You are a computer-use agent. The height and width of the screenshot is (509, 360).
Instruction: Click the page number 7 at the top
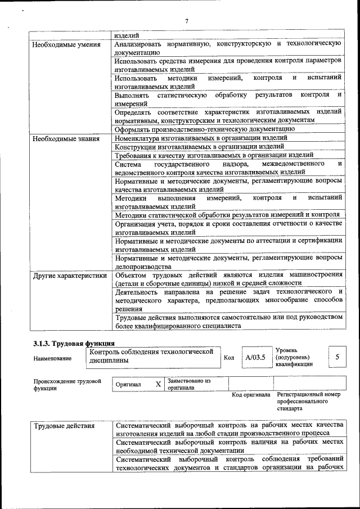point(186,21)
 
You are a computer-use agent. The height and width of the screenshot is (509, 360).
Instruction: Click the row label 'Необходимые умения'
point(66,44)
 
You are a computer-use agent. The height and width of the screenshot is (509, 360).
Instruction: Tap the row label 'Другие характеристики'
point(70,276)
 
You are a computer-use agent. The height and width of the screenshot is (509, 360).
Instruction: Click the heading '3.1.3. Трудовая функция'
point(74,343)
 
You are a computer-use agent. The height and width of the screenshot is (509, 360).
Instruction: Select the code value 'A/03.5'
point(255,357)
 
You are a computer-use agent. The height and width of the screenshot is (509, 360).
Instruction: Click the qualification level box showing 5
point(337,357)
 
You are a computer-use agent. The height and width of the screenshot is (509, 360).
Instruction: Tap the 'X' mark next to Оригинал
point(158,384)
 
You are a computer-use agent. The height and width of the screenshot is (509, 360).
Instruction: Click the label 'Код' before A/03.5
point(229,358)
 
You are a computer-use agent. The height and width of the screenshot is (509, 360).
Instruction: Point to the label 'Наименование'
point(52,358)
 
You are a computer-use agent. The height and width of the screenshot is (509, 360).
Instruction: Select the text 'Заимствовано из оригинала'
point(188,384)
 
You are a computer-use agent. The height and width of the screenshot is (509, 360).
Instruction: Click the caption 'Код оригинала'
point(251,395)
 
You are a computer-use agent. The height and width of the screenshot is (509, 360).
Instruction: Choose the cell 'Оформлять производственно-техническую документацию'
point(205,129)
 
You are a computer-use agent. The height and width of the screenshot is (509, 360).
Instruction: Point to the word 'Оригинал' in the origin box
point(129,385)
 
